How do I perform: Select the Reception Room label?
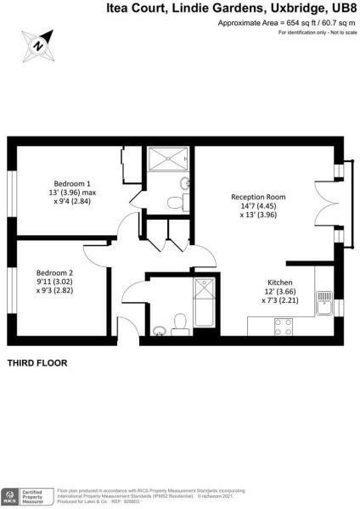click(x=258, y=197)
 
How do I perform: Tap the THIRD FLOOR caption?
click(x=37, y=363)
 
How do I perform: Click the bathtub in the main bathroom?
click(x=205, y=305)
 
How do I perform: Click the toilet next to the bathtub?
click(x=179, y=322)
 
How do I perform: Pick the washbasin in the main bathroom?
click(x=159, y=328)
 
